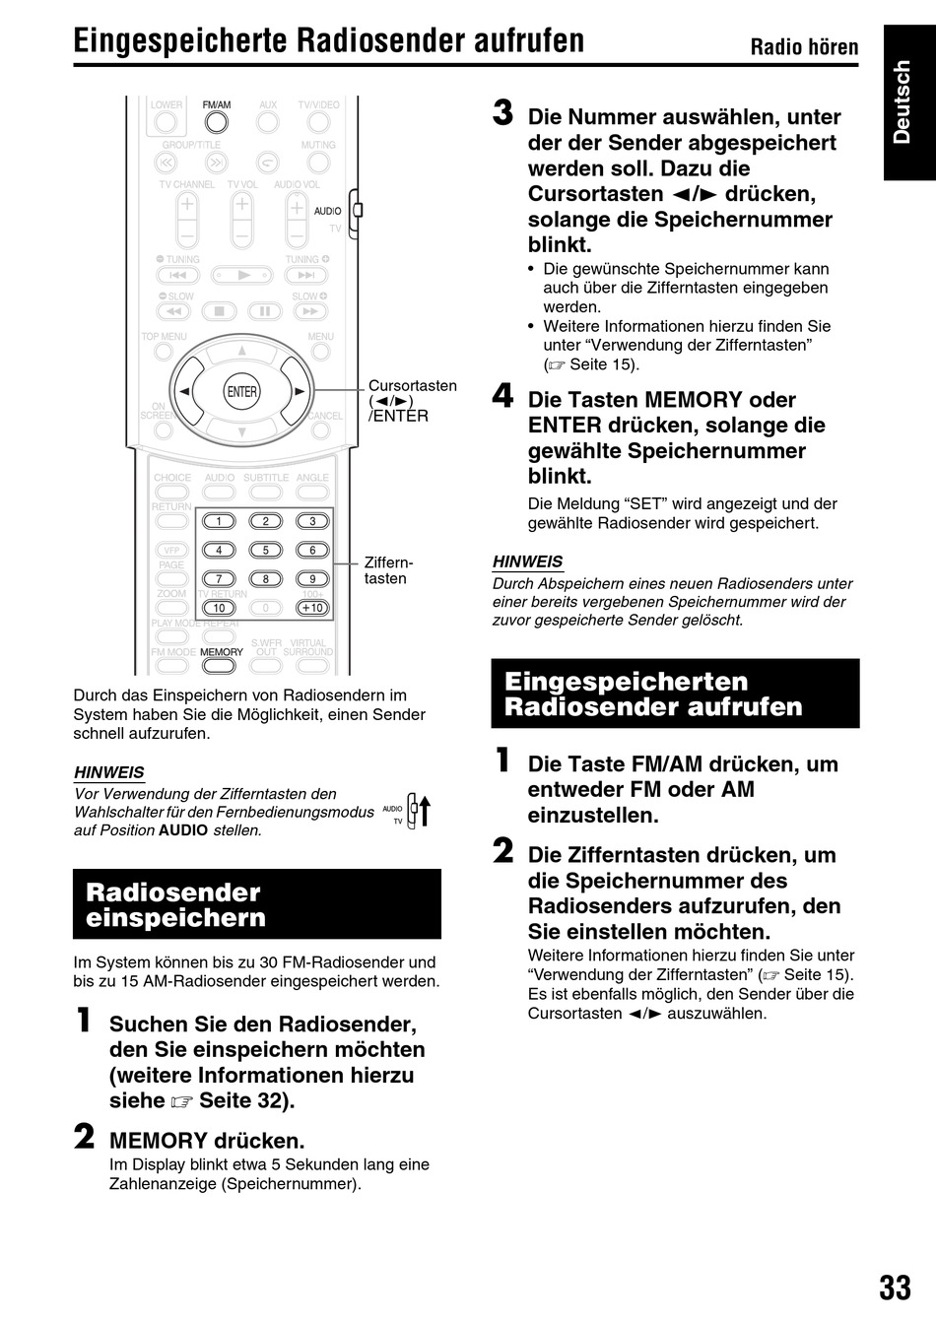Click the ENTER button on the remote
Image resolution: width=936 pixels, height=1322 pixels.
tap(241, 391)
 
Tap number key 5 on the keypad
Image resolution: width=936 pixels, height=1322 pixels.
tap(265, 550)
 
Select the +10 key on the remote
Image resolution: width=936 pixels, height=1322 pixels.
tap(312, 608)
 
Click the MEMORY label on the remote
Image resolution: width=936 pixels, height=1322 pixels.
tap(222, 652)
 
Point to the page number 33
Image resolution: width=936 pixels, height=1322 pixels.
tap(895, 1288)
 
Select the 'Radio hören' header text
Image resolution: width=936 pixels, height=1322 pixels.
tap(804, 46)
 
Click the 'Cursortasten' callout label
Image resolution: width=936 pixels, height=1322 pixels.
tap(413, 386)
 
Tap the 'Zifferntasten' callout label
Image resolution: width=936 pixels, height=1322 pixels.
tap(388, 570)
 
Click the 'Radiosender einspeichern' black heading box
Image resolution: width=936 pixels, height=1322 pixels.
tap(257, 904)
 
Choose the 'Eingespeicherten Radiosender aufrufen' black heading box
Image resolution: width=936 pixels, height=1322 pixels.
tap(675, 694)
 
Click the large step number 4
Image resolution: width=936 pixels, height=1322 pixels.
tap(503, 396)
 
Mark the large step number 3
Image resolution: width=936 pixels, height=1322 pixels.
tap(503, 113)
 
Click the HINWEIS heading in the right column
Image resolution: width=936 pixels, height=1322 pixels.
tap(527, 562)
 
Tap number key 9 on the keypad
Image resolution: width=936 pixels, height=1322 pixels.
tap(312, 579)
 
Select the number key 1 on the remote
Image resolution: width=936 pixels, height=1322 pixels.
tap(219, 521)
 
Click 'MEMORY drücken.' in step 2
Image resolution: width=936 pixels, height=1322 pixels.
tap(207, 1141)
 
